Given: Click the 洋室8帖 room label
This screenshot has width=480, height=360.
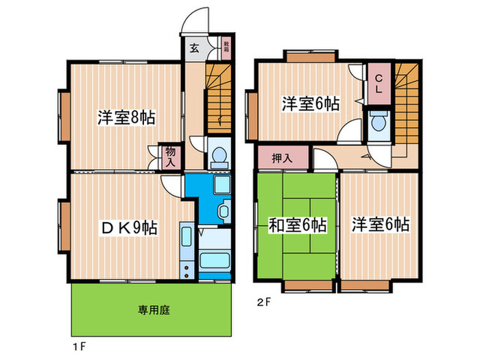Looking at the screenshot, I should (x=125, y=117).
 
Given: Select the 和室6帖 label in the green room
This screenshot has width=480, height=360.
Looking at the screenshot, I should (x=297, y=224).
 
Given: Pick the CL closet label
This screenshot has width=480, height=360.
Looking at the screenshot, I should (x=378, y=82).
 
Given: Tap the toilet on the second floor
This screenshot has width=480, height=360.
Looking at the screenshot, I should (x=378, y=124).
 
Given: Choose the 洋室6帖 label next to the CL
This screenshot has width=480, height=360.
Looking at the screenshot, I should (x=311, y=104).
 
